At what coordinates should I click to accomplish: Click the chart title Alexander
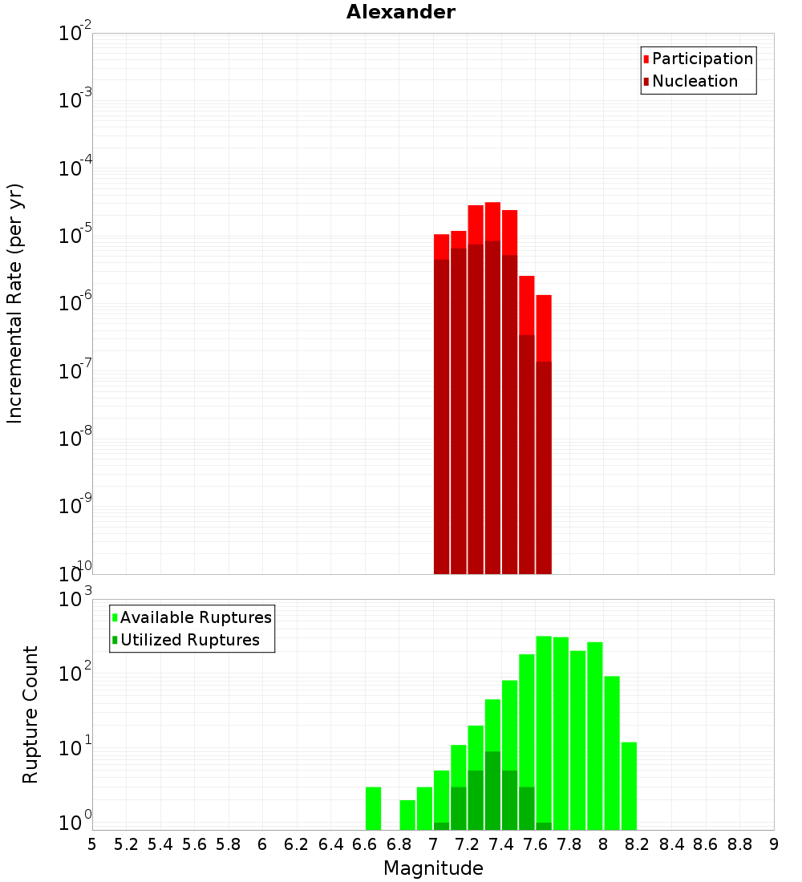tap(401, 13)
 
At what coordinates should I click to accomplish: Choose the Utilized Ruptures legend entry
tap(189, 640)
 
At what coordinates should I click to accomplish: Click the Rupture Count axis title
tap(30, 714)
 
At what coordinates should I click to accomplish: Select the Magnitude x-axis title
tap(433, 868)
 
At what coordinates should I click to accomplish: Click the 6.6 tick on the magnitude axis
tap(365, 844)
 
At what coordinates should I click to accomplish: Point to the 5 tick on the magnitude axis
tap(92, 844)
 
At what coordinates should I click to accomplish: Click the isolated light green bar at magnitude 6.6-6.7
tap(373, 808)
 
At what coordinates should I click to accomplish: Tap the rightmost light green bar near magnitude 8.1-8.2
tap(629, 786)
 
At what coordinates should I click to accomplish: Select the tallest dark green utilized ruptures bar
tap(492, 790)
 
